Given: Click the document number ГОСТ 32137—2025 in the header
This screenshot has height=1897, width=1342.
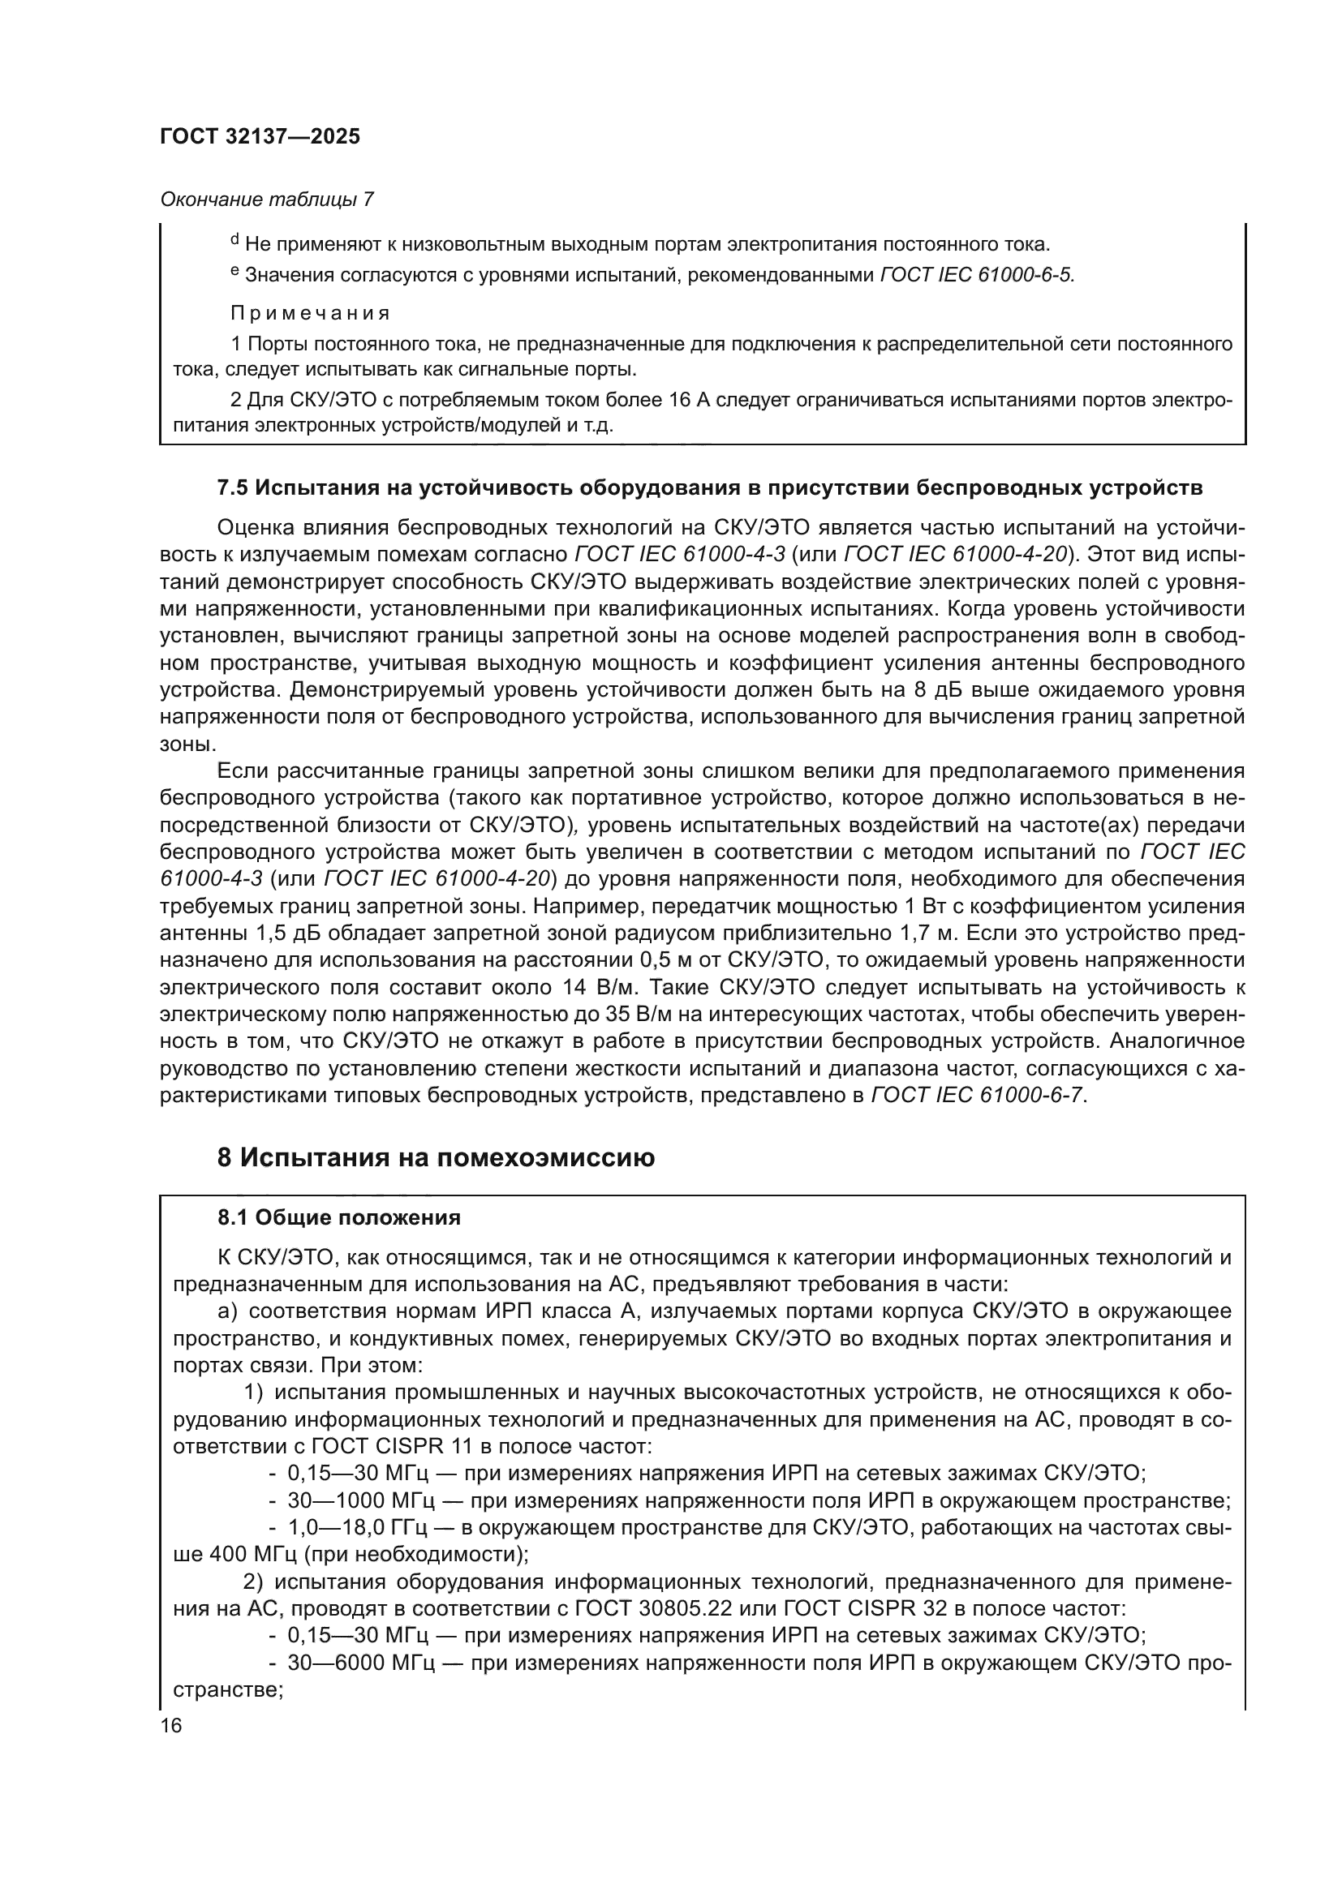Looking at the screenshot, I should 260,137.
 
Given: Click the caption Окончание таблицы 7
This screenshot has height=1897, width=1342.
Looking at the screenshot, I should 266,200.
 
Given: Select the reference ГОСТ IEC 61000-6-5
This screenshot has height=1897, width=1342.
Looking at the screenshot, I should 977,275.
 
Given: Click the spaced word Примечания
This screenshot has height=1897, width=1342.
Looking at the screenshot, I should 309,313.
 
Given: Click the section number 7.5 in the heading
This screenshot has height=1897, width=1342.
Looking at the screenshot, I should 232,488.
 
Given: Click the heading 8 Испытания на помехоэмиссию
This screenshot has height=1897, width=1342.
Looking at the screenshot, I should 436,1158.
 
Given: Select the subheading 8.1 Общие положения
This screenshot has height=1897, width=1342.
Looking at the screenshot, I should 339,1218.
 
